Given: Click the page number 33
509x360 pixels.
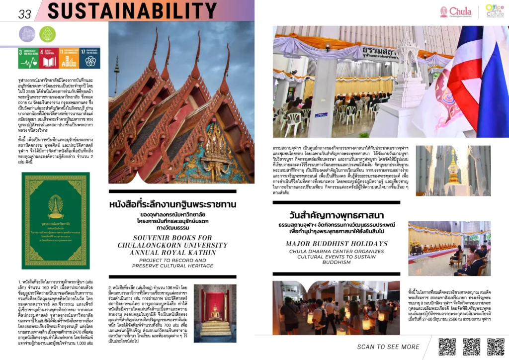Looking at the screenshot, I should [24, 13].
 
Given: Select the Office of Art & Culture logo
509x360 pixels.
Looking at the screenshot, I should [495, 11].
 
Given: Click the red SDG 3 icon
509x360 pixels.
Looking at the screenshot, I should [28, 58].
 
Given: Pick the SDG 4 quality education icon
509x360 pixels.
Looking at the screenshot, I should [49, 58].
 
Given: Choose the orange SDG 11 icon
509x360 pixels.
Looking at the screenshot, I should [69, 58].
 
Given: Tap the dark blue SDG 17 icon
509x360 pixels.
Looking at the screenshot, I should [90, 58].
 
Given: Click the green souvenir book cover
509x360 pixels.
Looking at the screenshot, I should [56, 220].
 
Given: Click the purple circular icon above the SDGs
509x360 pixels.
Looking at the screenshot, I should [27, 34].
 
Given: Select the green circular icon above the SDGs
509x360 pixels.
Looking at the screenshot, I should [47, 34].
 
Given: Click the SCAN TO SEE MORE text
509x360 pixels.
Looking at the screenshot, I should [388, 347].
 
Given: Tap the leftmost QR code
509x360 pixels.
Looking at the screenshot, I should [447, 347].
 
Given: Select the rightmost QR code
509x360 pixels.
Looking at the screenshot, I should [496, 347].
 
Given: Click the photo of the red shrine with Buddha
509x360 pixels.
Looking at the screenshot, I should [215, 313].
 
